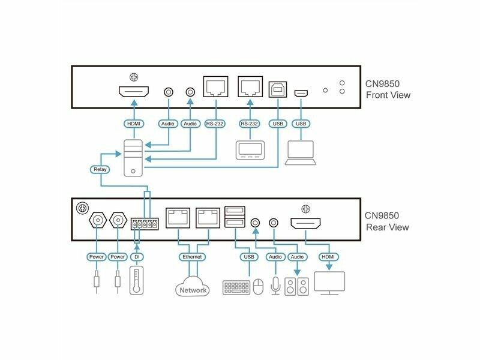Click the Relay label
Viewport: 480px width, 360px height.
point(100,170)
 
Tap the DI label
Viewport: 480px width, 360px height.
point(137,257)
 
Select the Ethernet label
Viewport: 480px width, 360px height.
point(192,257)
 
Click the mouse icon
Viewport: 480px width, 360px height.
point(259,287)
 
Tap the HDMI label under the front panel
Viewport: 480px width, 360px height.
point(133,124)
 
